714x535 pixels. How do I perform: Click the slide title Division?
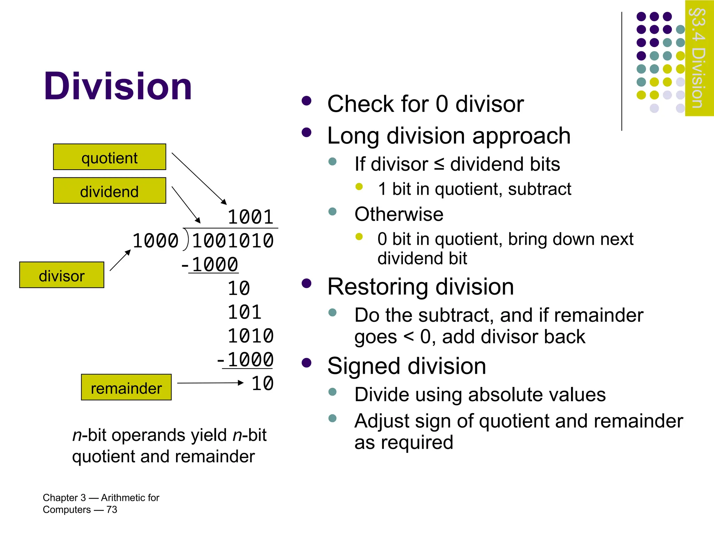[x=118, y=86]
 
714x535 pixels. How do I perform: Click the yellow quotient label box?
[x=109, y=157]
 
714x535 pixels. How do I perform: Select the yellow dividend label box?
[x=109, y=191]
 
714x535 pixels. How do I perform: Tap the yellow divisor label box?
[x=62, y=275]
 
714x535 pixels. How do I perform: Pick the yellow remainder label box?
[x=126, y=387]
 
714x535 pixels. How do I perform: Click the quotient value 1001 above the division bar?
[x=250, y=217]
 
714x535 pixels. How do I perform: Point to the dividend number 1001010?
[x=233, y=241]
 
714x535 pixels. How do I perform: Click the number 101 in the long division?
[x=244, y=312]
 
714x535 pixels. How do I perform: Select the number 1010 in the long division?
[x=250, y=336]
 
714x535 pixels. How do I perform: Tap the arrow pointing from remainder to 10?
[x=210, y=383]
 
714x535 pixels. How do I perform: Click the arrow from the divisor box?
[x=120, y=260]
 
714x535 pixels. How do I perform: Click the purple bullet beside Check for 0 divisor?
[x=306, y=101]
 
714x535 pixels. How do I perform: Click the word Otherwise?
[x=399, y=214]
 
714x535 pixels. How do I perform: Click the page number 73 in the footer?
[x=112, y=510]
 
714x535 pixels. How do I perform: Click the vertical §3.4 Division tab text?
[x=699, y=58]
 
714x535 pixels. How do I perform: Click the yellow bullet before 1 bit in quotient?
[x=359, y=187]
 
